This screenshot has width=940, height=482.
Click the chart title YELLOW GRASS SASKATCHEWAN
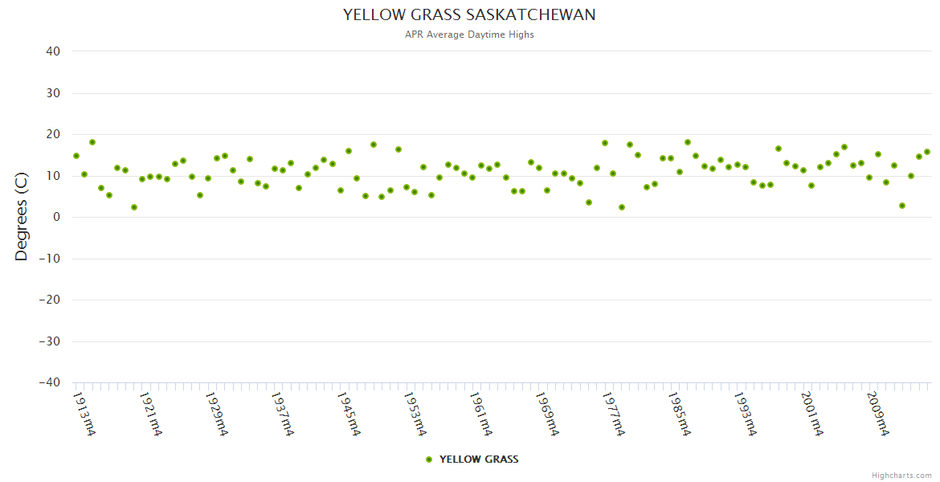coord(469,15)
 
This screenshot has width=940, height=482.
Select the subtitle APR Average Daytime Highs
coord(469,35)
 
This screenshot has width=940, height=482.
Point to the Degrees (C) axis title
coord(22,217)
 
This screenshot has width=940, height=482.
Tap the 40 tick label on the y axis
coord(53,51)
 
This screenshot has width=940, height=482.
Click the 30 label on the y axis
coord(53,93)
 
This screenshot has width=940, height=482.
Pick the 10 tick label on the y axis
coord(53,176)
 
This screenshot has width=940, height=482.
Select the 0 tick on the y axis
coord(56,218)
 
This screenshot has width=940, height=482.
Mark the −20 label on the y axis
coord(49,300)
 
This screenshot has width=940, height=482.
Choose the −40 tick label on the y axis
coord(49,383)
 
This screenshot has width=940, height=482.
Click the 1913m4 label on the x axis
coord(84,414)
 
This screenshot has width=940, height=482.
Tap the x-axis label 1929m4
coord(216,414)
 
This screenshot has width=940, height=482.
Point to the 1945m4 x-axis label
coord(349,414)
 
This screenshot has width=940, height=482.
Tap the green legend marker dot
coord(429,460)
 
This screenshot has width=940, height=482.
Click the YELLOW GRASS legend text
coord(479,460)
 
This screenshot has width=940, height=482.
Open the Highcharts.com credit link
coord(901,475)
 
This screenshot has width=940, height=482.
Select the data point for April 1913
coord(76,156)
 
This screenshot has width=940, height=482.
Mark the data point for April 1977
coord(605,143)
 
